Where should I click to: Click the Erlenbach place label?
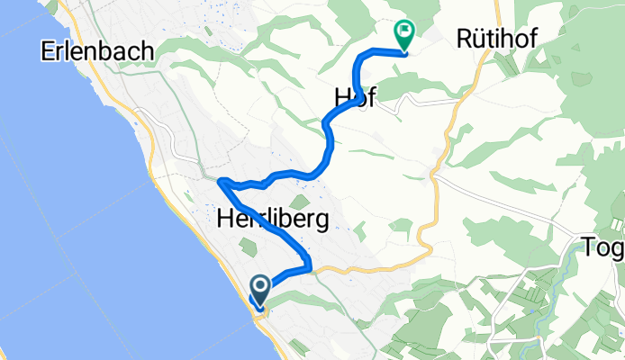click(97, 52)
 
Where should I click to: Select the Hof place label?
click(353, 99)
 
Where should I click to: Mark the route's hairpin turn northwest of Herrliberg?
click(221, 182)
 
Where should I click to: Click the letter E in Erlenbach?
click(48, 52)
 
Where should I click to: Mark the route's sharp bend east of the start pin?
click(310, 266)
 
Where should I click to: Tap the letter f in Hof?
click(369, 99)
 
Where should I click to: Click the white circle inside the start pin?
click(260, 287)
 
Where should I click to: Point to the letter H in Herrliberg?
click(224, 218)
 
